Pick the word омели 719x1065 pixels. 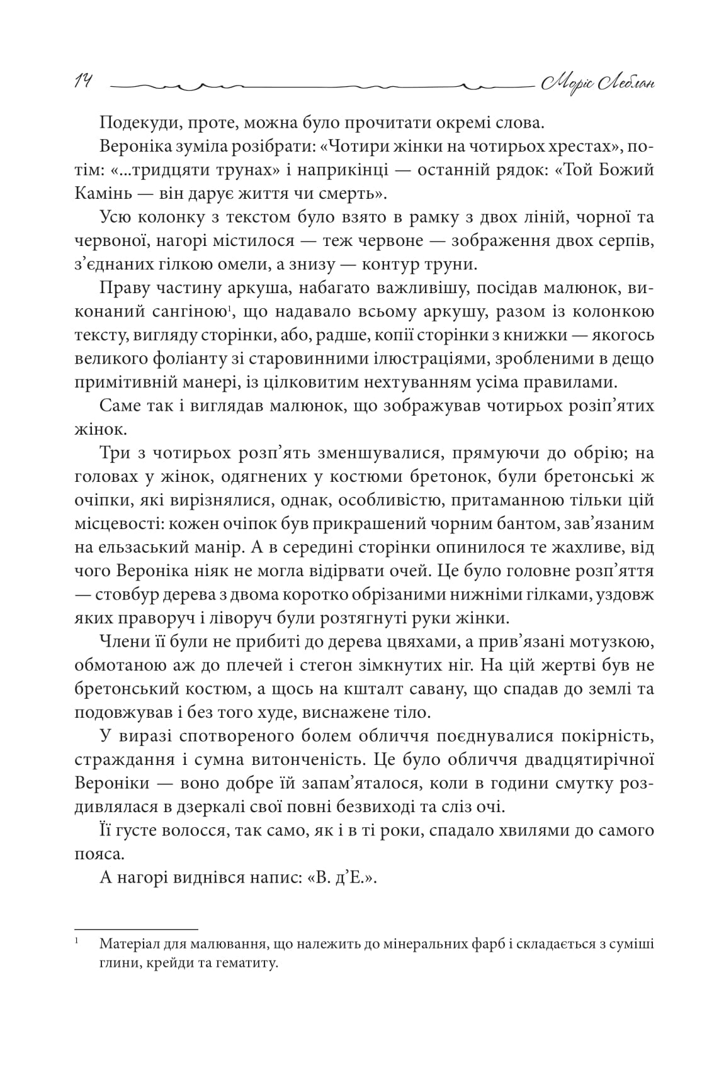(x=227, y=264)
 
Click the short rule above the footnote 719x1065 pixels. (x=136, y=928)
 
